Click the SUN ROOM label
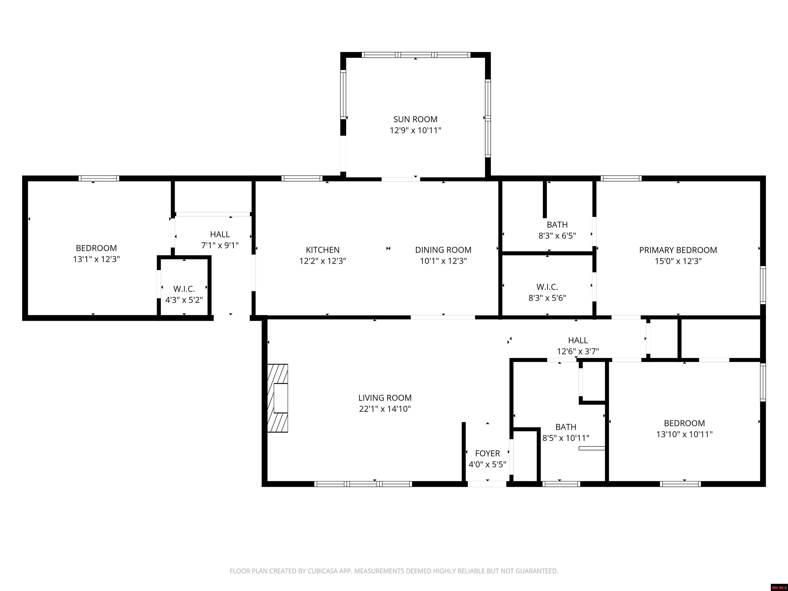(x=415, y=119)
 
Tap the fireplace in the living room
(x=278, y=398)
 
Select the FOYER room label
(x=487, y=454)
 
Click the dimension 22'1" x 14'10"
(x=385, y=409)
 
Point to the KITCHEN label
(x=322, y=250)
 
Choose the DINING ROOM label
(x=443, y=250)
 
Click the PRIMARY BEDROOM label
(x=678, y=250)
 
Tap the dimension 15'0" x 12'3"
(x=678, y=261)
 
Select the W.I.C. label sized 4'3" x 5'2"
(x=184, y=289)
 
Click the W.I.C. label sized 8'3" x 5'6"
(x=547, y=287)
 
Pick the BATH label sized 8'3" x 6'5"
(x=557, y=225)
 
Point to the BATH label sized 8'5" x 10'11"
(x=566, y=427)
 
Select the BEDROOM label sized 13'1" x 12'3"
(x=96, y=248)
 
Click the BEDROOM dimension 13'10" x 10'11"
(x=684, y=434)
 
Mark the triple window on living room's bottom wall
(x=363, y=484)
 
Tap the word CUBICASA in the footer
(x=324, y=571)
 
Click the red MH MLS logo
(x=779, y=587)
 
